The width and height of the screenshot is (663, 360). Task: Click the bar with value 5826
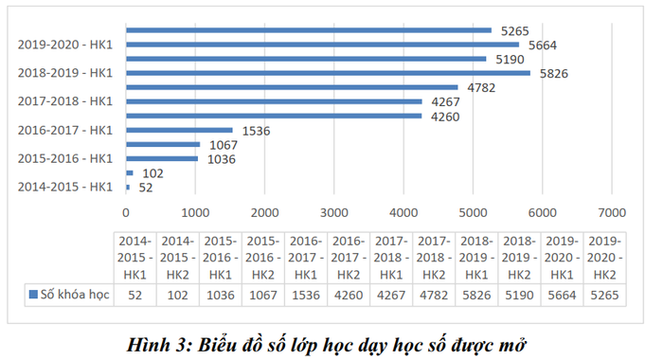pyautogui.click(x=328, y=73)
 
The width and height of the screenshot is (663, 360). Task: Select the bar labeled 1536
pyautogui.click(x=179, y=130)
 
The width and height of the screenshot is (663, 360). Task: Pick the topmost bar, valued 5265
pyautogui.click(x=309, y=30)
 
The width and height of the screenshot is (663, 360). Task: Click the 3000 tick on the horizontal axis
pyautogui.click(x=334, y=212)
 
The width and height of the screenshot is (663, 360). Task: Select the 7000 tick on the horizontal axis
pyautogui.click(x=612, y=212)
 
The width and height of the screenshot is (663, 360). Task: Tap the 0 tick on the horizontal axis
pyautogui.click(x=126, y=212)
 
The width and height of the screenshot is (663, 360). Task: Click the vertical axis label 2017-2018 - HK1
pyautogui.click(x=64, y=101)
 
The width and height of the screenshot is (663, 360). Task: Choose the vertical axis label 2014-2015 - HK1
pyautogui.click(x=64, y=187)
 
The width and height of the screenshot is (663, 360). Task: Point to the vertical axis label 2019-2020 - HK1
pyautogui.click(x=64, y=45)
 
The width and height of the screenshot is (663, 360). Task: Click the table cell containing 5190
pyautogui.click(x=520, y=294)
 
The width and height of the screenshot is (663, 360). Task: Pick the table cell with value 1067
pyautogui.click(x=262, y=294)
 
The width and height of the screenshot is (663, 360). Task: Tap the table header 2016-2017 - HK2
pyautogui.click(x=349, y=257)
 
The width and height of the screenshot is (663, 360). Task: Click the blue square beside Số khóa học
pyautogui.click(x=35, y=294)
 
